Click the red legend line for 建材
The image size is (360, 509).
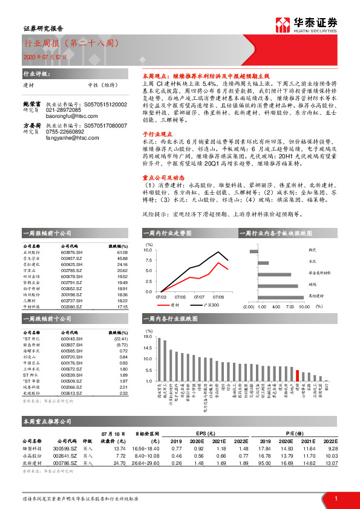(x=162, y=305)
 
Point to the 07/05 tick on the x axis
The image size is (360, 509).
(x=180, y=297)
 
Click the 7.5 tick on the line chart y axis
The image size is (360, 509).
(x=148, y=260)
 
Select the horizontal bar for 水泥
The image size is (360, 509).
(x=264, y=263)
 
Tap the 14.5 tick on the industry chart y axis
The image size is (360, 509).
(x=148, y=348)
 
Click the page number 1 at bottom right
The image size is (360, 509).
(x=336, y=498)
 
